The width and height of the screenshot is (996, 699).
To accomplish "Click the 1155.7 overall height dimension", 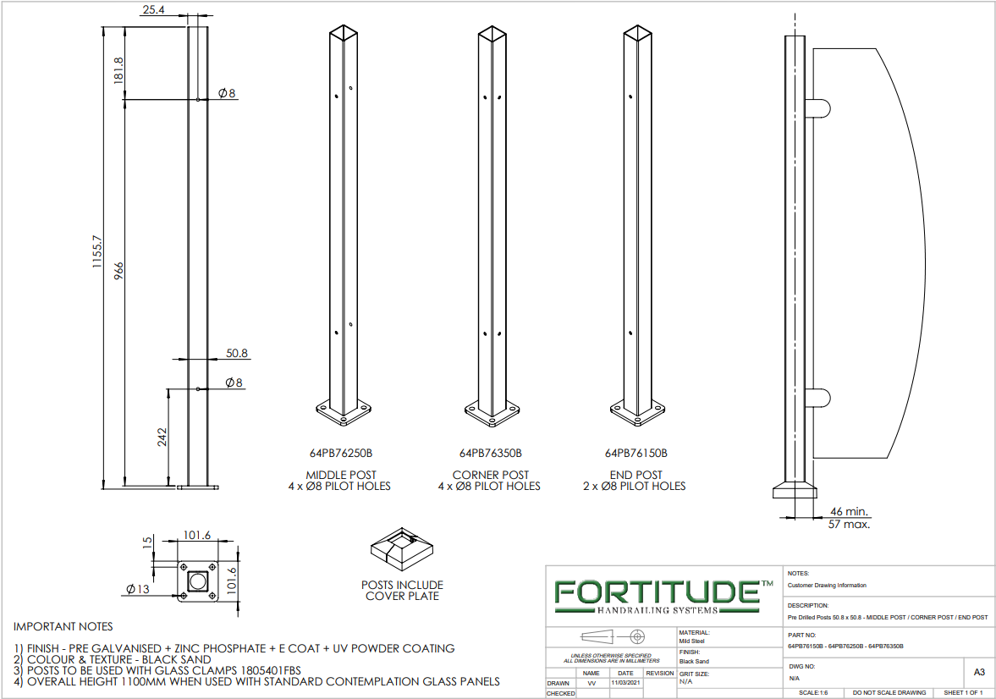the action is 97,251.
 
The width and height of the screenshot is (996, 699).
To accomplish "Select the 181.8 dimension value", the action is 118,70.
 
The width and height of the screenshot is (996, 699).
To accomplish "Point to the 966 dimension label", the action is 118,271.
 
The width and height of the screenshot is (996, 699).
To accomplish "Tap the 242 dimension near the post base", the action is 162,438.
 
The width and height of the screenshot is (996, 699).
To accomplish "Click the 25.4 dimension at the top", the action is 154,9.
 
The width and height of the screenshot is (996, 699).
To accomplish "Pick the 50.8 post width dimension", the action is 237,354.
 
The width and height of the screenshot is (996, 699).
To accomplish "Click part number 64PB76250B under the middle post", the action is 341,453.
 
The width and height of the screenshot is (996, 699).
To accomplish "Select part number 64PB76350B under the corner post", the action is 490,453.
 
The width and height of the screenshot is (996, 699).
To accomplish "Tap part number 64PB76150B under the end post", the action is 636,453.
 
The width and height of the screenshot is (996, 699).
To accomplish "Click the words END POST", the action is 636,475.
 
